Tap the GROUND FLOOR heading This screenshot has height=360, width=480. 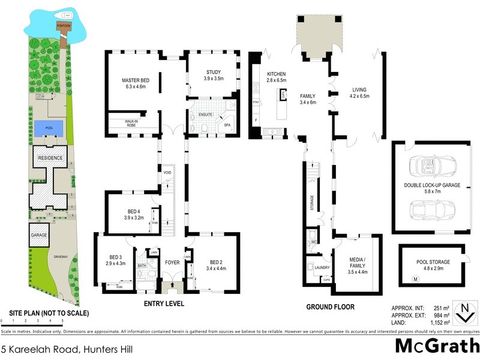(x=330, y=307)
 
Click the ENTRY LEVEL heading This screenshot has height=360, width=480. (x=164, y=304)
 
